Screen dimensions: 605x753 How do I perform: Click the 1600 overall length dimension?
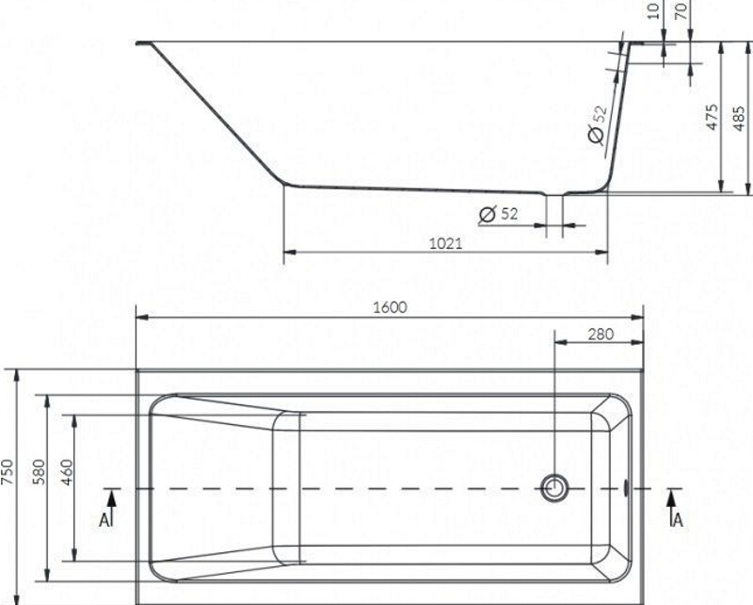pos(389,308)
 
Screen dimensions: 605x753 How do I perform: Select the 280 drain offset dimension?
pos(599,334)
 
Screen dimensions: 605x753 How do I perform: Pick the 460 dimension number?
pos(66,472)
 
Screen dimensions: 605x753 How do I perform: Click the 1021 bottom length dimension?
pos(445,243)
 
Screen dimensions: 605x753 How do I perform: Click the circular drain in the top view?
pos(553,487)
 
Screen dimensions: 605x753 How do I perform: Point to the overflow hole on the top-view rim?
pos(628,488)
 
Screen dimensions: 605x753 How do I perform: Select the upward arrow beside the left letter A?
pos(112,499)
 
